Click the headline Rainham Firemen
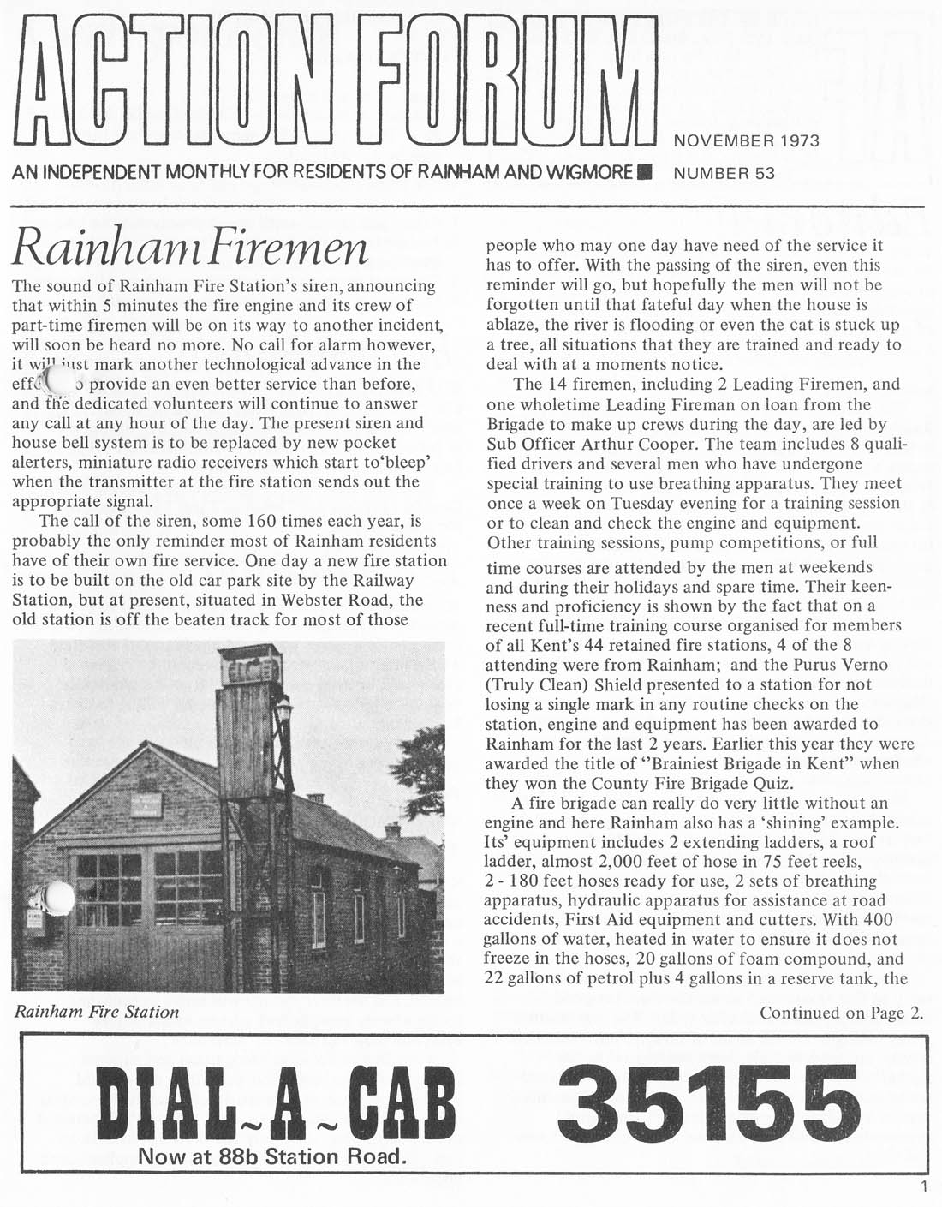190,248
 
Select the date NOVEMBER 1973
747,141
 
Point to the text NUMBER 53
724,173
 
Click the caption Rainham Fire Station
97,1012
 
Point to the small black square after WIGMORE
648,171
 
